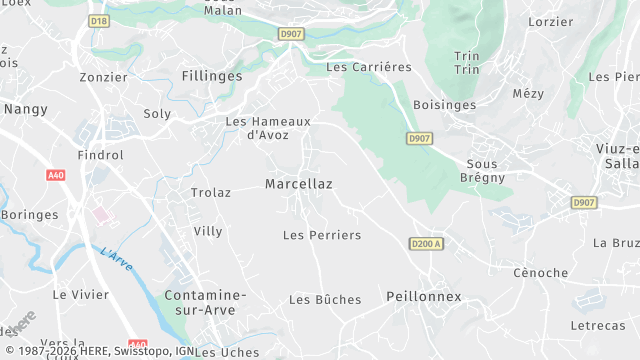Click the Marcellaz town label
[x=299, y=184]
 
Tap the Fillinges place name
[x=212, y=75]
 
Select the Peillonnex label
[x=424, y=297]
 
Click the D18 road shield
[x=98, y=20]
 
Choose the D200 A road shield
[x=426, y=243]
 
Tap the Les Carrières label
[x=369, y=67]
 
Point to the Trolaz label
[x=211, y=193]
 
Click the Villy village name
[x=208, y=231]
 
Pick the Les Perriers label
[x=322, y=235]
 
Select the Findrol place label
[x=101, y=155]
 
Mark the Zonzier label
[x=104, y=77]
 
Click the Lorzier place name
[x=550, y=21]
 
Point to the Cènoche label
[x=540, y=273]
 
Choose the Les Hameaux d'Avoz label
[x=268, y=128]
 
